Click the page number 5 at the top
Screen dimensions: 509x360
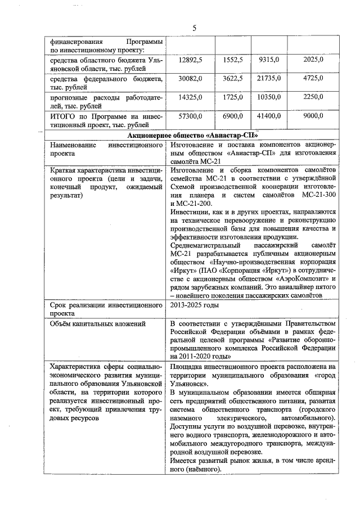(x=194, y=28)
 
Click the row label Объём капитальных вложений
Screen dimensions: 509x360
(x=90, y=323)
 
